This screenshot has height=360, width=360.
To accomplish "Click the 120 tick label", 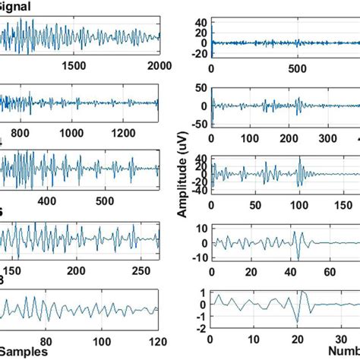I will [149, 339].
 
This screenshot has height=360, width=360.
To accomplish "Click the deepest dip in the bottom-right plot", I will [295, 324].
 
